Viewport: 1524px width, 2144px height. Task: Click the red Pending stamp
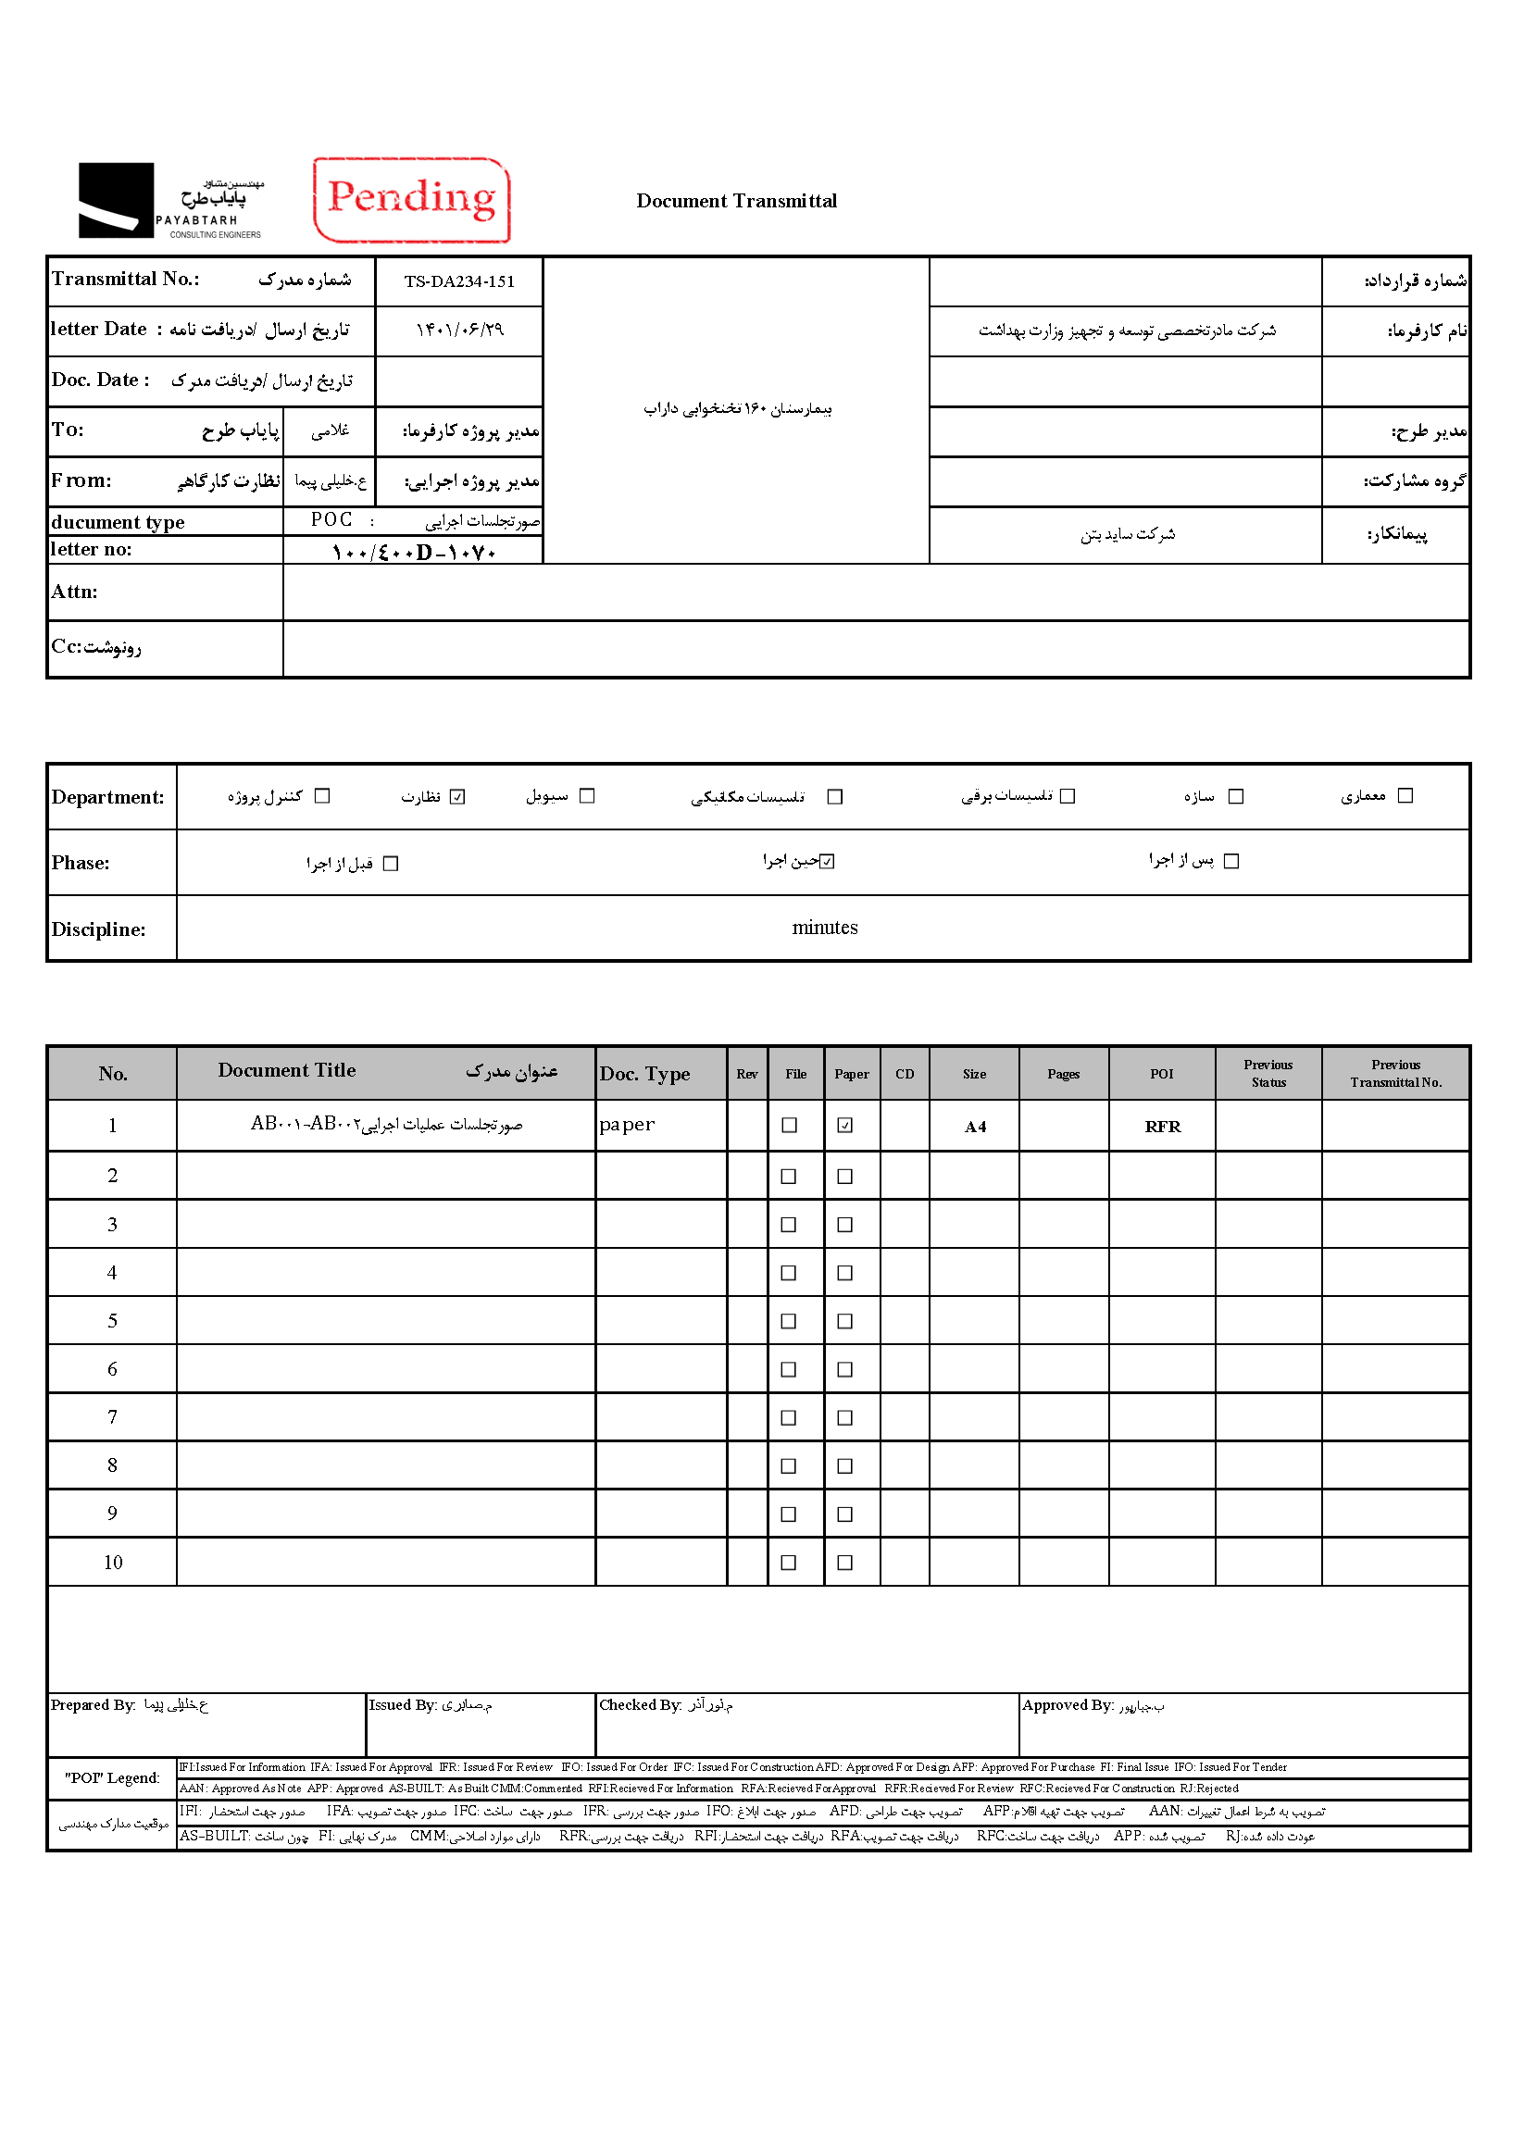point(411,200)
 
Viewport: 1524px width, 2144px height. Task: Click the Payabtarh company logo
point(169,200)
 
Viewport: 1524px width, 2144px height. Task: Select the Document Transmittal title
point(736,201)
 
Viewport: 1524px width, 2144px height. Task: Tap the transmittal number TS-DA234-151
point(459,281)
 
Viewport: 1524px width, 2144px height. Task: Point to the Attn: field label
point(74,592)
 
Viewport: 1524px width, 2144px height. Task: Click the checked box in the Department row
point(457,797)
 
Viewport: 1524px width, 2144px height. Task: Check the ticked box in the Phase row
point(827,861)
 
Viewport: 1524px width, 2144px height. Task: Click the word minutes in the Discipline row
point(824,927)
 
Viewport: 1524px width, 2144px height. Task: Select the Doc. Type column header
point(644,1074)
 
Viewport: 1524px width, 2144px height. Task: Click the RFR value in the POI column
point(1162,1126)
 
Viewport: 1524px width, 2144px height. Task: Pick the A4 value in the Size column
point(975,1126)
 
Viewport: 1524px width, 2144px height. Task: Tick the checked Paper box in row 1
point(844,1125)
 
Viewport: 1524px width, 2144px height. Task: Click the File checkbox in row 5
point(788,1321)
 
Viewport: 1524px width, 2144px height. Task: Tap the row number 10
point(113,1563)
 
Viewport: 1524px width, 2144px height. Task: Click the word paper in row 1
point(627,1124)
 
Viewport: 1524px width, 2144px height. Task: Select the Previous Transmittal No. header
point(1395,1074)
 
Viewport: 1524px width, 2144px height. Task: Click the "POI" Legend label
point(112,1778)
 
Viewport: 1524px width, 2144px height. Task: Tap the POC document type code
point(331,520)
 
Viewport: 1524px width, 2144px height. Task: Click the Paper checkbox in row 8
point(844,1465)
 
